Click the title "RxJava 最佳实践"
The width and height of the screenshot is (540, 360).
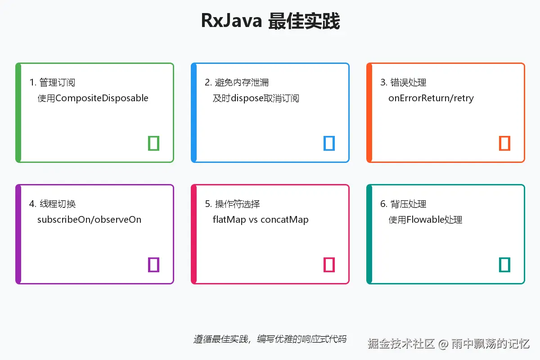pyautogui.click(x=270, y=21)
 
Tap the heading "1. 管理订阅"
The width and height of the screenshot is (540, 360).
pyautogui.click(x=52, y=82)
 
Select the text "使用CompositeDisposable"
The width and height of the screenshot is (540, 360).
pyautogui.click(x=93, y=98)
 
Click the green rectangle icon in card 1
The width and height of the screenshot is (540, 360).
pyautogui.click(x=154, y=143)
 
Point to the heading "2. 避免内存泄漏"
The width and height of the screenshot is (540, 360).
pyautogui.click(x=237, y=82)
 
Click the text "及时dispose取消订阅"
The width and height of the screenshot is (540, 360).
pyautogui.click(x=256, y=98)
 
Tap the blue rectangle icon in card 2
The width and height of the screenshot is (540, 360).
pyautogui.click(x=329, y=143)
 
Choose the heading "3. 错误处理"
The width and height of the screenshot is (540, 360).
pyautogui.click(x=403, y=82)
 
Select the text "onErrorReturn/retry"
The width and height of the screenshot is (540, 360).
pyautogui.click(x=431, y=98)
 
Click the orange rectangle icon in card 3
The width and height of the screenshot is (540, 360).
pyautogui.click(x=505, y=143)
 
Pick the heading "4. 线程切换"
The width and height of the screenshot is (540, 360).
pyautogui.click(x=52, y=204)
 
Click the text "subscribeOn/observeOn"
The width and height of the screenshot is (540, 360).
pyautogui.click(x=89, y=220)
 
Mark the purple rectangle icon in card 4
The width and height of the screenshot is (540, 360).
pyautogui.click(x=154, y=265)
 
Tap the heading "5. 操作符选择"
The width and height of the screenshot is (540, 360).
pyautogui.click(x=232, y=204)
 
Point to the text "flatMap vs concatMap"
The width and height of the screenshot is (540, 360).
pyautogui.click(x=261, y=220)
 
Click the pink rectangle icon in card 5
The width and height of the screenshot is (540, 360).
pyautogui.click(x=329, y=265)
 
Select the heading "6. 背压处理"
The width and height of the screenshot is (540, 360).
pyautogui.click(x=403, y=204)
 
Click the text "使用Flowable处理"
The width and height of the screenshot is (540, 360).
pyautogui.click(x=425, y=220)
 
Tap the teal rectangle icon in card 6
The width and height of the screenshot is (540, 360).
pyautogui.click(x=505, y=265)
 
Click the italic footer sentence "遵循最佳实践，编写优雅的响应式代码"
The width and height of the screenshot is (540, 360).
pyautogui.click(x=270, y=339)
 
